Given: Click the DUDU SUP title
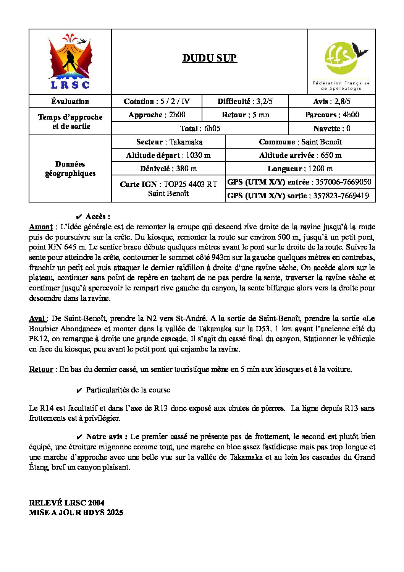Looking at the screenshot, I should [210, 58].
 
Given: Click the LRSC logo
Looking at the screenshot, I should [70, 62].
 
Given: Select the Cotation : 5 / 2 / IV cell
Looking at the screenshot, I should [157, 101].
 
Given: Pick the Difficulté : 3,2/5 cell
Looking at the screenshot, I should [245, 101].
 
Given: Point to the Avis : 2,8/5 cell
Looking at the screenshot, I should [332, 101].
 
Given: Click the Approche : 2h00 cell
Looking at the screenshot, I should [157, 115].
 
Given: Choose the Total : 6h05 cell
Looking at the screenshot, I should [200, 128].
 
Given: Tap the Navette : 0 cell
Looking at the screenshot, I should [332, 128].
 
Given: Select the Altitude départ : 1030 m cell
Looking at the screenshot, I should [168, 155].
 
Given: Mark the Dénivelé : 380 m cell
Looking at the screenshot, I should [168, 169].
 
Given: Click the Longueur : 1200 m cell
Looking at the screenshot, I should [300, 169].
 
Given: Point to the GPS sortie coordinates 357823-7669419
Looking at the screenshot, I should [341, 196].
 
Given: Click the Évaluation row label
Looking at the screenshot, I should [70, 101].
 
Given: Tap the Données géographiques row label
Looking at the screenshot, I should [70, 169].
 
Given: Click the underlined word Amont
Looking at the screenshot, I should [41, 227].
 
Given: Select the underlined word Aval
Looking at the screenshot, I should [37, 318].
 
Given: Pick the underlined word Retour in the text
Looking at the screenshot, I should [41, 369].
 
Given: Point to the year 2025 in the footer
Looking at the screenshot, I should [115, 512].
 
